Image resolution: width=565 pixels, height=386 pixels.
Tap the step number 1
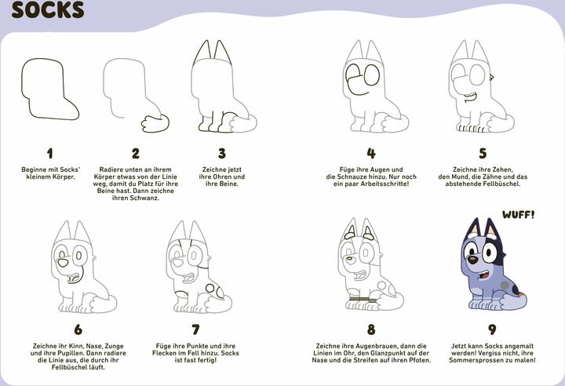(x=49, y=154)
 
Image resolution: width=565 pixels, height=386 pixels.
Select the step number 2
(x=136, y=154)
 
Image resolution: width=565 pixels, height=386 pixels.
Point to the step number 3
(x=222, y=154)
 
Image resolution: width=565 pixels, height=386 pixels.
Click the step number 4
(x=371, y=154)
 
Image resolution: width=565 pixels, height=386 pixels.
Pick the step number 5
(x=483, y=154)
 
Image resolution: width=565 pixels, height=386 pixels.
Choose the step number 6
(x=78, y=330)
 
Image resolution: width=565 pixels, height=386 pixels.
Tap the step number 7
(x=195, y=330)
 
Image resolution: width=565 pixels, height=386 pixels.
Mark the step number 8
(x=371, y=330)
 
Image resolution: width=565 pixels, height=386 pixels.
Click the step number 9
(x=492, y=330)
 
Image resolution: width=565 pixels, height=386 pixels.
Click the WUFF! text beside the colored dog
(x=519, y=214)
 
